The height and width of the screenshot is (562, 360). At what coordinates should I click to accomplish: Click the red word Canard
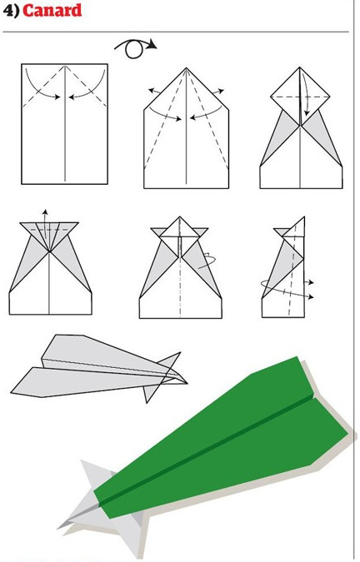coord(52,11)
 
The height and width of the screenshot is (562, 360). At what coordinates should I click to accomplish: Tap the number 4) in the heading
coord(11,11)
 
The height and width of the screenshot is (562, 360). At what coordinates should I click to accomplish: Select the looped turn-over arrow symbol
coord(135,48)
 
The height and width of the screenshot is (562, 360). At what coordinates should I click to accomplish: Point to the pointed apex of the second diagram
coord(186,68)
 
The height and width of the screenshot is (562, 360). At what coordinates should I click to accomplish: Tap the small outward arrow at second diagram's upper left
coord(154,91)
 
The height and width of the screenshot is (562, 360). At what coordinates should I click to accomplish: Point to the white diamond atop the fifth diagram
coord(180,227)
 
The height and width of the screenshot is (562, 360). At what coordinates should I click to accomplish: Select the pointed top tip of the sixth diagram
coord(304,217)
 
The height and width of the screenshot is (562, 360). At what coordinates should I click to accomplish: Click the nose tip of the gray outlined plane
coord(187,383)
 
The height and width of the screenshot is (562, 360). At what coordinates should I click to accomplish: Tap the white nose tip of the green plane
coord(59,527)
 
